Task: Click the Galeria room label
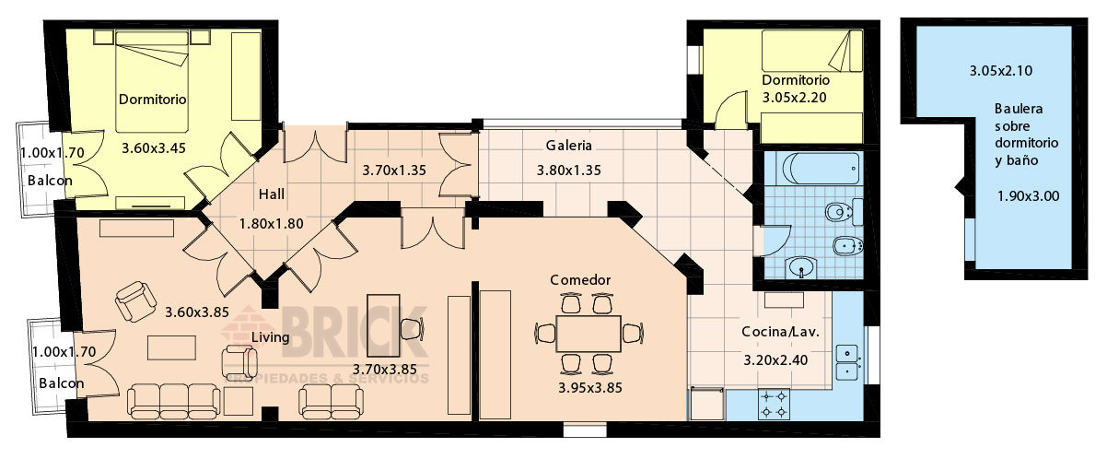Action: pyautogui.click(x=568, y=146)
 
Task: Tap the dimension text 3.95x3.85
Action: pyautogui.click(x=590, y=388)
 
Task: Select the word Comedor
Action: pyautogui.click(x=580, y=280)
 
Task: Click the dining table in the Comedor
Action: pyautogui.click(x=588, y=334)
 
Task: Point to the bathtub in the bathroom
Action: pyautogui.click(x=818, y=169)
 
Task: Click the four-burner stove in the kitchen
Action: pyautogui.click(x=774, y=404)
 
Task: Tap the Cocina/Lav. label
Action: pyautogui.click(x=780, y=332)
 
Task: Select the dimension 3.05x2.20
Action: pyautogui.click(x=794, y=98)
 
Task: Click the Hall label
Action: pyautogui.click(x=272, y=194)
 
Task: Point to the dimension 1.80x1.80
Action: pyautogui.click(x=272, y=224)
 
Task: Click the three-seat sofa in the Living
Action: pyautogui.click(x=173, y=401)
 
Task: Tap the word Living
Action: pyautogui.click(x=271, y=337)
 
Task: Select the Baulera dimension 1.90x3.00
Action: pyautogui.click(x=1028, y=196)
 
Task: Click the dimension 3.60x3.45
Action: pyautogui.click(x=154, y=147)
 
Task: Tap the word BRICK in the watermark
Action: pyautogui.click(x=354, y=332)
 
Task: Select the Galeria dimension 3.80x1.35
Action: pyautogui.click(x=569, y=171)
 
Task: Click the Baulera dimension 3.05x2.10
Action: pyautogui.click(x=1001, y=71)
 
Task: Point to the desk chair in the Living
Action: pyautogui.click(x=412, y=329)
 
